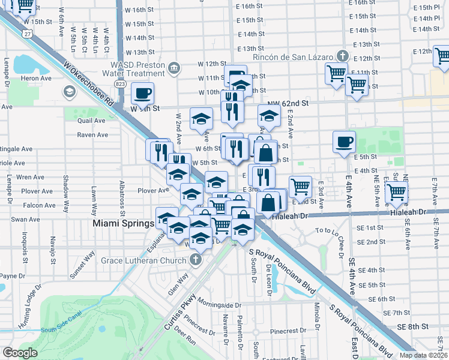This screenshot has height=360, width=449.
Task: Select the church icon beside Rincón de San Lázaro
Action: click(x=342, y=56)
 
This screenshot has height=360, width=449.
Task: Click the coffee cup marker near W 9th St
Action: click(x=142, y=93)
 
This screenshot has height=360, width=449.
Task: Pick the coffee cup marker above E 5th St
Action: click(x=344, y=142)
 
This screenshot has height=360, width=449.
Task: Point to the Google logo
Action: click(x=20, y=353)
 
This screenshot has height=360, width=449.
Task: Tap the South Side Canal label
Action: click(x=62, y=329)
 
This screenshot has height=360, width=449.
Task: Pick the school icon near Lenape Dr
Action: click(x=69, y=92)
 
